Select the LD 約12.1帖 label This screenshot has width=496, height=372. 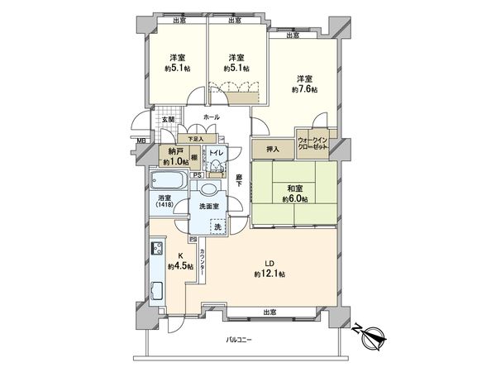pyautogui.click(x=270, y=269)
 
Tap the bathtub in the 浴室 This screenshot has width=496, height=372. pyautogui.click(x=169, y=181)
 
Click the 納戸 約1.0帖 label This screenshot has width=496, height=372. pyautogui.click(x=174, y=156)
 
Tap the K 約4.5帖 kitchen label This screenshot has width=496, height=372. pyautogui.click(x=180, y=262)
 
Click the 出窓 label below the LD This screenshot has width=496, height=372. pyautogui.click(x=269, y=311)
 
